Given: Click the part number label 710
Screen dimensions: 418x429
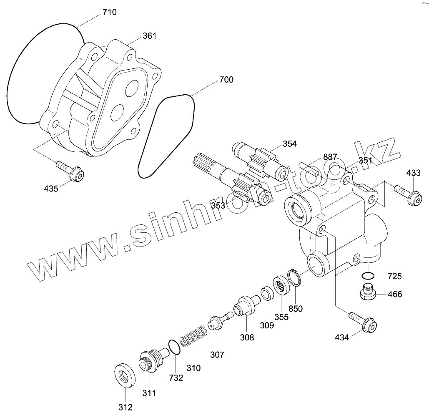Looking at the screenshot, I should click(109, 12).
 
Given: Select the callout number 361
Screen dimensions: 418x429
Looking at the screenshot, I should click(149, 36).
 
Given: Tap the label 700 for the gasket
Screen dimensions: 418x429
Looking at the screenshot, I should click(226, 80).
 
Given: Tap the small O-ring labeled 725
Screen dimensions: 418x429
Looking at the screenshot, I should click(368, 275).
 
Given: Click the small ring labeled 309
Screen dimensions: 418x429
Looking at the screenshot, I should click(266, 295).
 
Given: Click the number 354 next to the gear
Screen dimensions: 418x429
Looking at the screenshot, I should click(289, 144).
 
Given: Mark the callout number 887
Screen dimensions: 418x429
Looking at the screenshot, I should click(330, 157).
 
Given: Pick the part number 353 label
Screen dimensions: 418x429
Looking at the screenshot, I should click(218, 205).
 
